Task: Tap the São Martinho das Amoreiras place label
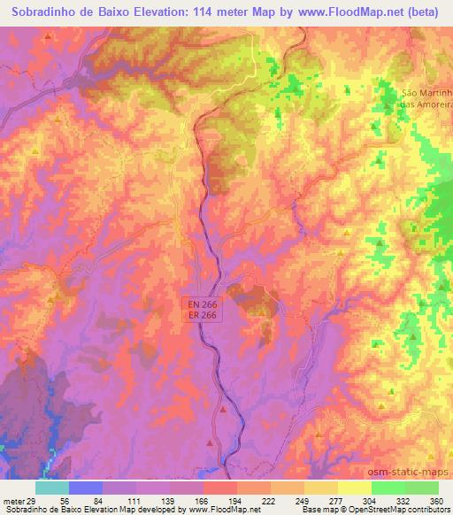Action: click(x=427, y=98)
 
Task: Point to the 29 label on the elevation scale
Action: click(x=33, y=500)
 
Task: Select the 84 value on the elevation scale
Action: click(x=99, y=500)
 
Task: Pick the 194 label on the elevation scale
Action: click(x=234, y=500)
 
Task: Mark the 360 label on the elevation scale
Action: click(x=436, y=500)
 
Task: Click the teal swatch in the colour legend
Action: click(x=52, y=488)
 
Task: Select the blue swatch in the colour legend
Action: click(x=86, y=488)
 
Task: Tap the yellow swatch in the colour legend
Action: click(x=355, y=488)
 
